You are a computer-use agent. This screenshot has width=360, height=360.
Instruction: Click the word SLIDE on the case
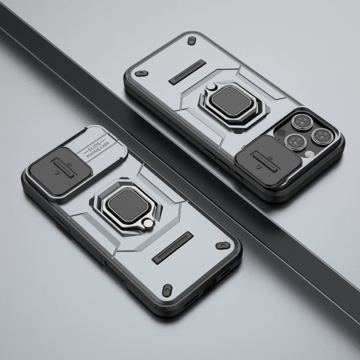(x=94, y=145)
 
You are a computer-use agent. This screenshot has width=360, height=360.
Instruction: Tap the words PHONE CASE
(x=98, y=150)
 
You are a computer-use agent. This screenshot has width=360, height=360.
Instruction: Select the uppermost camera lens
(x=302, y=122)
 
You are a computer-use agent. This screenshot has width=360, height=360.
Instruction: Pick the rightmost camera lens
(x=322, y=136)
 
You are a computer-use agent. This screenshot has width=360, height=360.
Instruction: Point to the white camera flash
(x=310, y=154)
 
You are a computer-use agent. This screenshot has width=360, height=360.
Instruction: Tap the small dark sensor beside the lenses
(x=281, y=132)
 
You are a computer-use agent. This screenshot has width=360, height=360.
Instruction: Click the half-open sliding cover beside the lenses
(x=268, y=161)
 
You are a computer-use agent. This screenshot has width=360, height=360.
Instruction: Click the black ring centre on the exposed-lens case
(x=231, y=101)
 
